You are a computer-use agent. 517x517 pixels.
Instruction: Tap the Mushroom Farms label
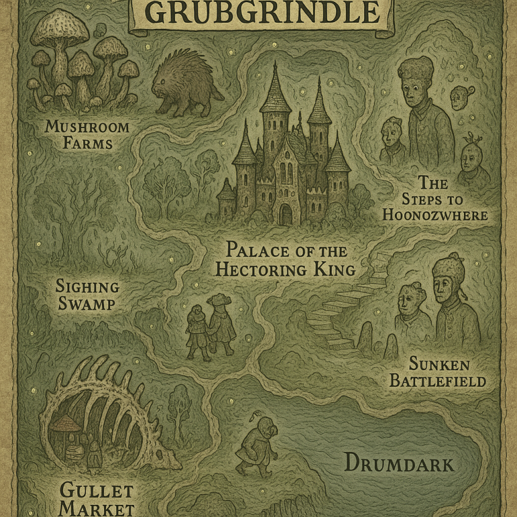pyautogui.click(x=88, y=134)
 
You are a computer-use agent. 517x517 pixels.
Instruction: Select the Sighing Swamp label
pyautogui.click(x=87, y=295)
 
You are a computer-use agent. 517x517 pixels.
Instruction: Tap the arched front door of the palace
pyautogui.click(x=286, y=214)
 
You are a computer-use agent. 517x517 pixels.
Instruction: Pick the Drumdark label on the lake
pyautogui.click(x=399, y=463)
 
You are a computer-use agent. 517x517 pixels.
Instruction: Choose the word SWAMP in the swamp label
pyautogui.click(x=87, y=304)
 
